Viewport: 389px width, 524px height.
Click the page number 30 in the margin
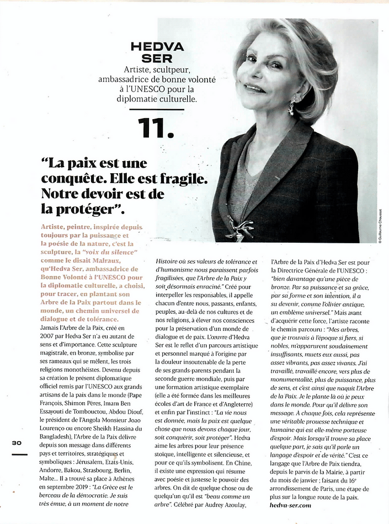click(x=17, y=443)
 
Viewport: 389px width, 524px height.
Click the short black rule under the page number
click(x=19, y=454)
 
